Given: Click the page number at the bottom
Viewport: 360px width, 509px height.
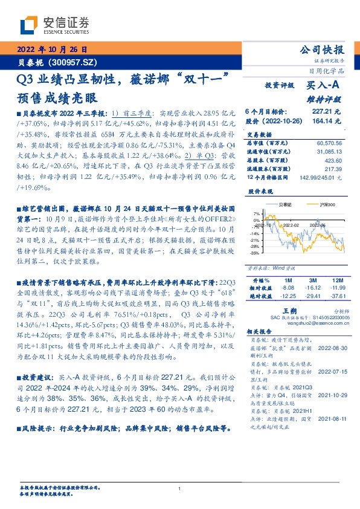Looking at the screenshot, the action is [x=180, y=488].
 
